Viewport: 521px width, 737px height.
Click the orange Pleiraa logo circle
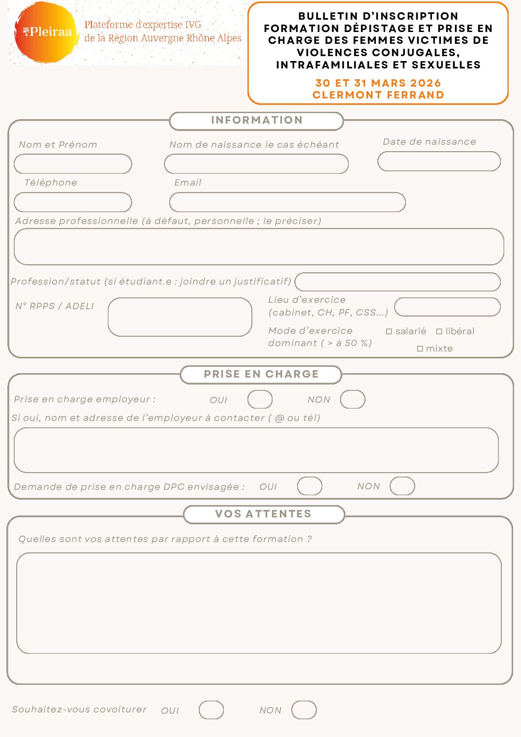click(46, 32)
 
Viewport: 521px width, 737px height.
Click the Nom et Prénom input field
click(73, 164)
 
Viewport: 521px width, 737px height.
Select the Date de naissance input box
click(439, 161)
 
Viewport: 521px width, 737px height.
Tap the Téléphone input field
click(73, 202)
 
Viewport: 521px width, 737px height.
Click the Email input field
click(287, 202)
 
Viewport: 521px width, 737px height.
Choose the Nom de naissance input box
click(256, 164)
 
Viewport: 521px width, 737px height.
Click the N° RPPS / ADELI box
click(180, 317)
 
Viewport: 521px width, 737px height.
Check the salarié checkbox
click(389, 332)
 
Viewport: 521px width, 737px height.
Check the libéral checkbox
click(439, 332)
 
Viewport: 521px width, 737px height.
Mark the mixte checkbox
click(420, 349)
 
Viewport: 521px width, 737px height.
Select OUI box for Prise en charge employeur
click(260, 399)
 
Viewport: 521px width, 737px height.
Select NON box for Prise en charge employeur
click(353, 399)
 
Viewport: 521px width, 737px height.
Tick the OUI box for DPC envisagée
click(309, 486)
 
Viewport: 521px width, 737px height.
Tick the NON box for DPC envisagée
click(402, 486)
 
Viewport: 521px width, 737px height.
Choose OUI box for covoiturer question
click(211, 710)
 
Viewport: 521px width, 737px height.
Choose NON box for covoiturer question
click(304, 710)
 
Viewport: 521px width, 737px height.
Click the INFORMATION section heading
click(256, 121)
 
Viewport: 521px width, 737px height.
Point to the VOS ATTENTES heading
click(264, 514)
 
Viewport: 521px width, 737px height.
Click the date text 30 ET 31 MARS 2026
click(378, 83)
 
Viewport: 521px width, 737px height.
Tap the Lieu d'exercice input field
click(447, 307)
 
